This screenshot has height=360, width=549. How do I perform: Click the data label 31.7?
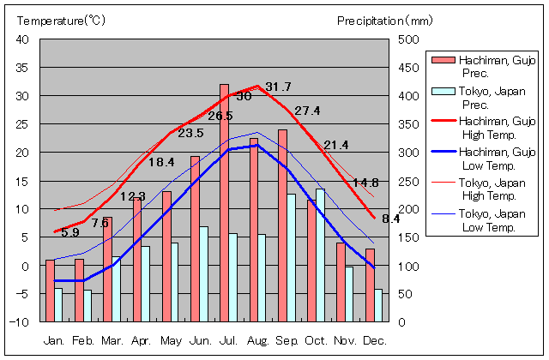tap(278, 87)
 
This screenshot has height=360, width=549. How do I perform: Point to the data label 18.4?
tap(161, 162)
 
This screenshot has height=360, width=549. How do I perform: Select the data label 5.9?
tap(70, 232)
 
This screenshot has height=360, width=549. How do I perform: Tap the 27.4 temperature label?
tap(307, 111)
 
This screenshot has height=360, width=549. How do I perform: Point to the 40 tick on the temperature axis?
tap(22, 39)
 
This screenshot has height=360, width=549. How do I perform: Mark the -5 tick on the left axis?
tap(22, 294)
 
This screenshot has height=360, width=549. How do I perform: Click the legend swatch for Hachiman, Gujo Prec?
tap(443, 60)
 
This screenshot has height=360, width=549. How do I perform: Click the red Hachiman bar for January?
tap(50, 291)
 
